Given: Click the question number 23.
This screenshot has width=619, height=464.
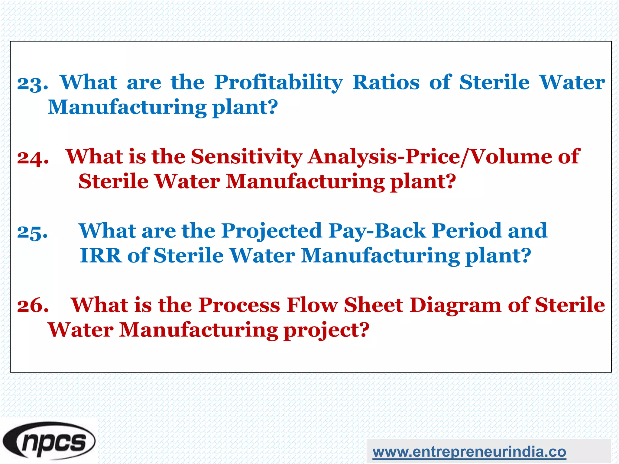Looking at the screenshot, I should coord(32,83).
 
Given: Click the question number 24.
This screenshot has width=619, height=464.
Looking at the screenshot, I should coord(33,158).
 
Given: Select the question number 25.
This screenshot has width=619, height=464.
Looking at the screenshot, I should coord(32,232).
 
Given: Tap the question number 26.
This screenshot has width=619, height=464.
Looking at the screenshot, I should coord(33,306).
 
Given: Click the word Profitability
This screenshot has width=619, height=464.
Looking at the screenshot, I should coord(278,83).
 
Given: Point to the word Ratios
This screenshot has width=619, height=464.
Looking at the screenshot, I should coord(386,82).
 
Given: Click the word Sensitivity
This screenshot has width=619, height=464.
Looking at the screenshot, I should coord(247,157).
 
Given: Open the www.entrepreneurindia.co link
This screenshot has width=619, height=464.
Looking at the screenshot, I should coord(469,452).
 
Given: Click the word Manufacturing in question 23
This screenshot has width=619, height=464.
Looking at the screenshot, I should coord(127,108).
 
